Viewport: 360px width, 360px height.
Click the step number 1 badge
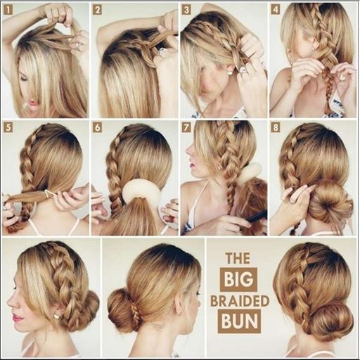coord(8,10)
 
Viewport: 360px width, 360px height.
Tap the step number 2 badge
coord(98,10)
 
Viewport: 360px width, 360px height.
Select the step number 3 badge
coord(186,10)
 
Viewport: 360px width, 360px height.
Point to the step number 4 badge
coord(276,10)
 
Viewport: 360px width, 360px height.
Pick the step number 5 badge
coord(8,128)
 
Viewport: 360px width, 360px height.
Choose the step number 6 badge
coord(98,128)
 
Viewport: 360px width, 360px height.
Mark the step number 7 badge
coord(186,128)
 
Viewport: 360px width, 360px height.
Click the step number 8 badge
coord(276,128)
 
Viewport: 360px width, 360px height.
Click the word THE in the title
coord(238,258)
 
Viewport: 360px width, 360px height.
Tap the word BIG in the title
coord(238,280)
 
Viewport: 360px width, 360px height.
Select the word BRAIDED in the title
coord(240,301)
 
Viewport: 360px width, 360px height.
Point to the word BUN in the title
coord(239,321)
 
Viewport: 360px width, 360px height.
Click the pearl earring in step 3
coord(230,73)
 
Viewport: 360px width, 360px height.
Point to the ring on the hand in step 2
coord(162,52)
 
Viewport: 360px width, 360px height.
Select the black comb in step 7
coord(257,217)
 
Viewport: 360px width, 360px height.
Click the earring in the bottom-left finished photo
coord(56,316)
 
